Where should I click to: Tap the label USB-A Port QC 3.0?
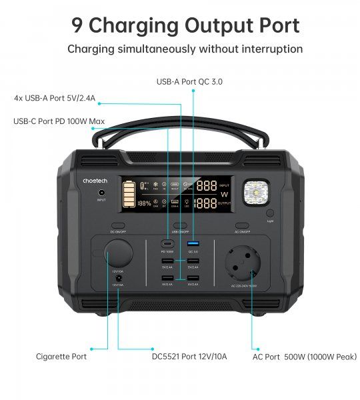189,81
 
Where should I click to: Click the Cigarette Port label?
61,357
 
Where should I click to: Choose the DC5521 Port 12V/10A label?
189,357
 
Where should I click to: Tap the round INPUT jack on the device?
101,193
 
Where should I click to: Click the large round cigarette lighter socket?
117,256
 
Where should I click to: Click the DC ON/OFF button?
117,225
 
